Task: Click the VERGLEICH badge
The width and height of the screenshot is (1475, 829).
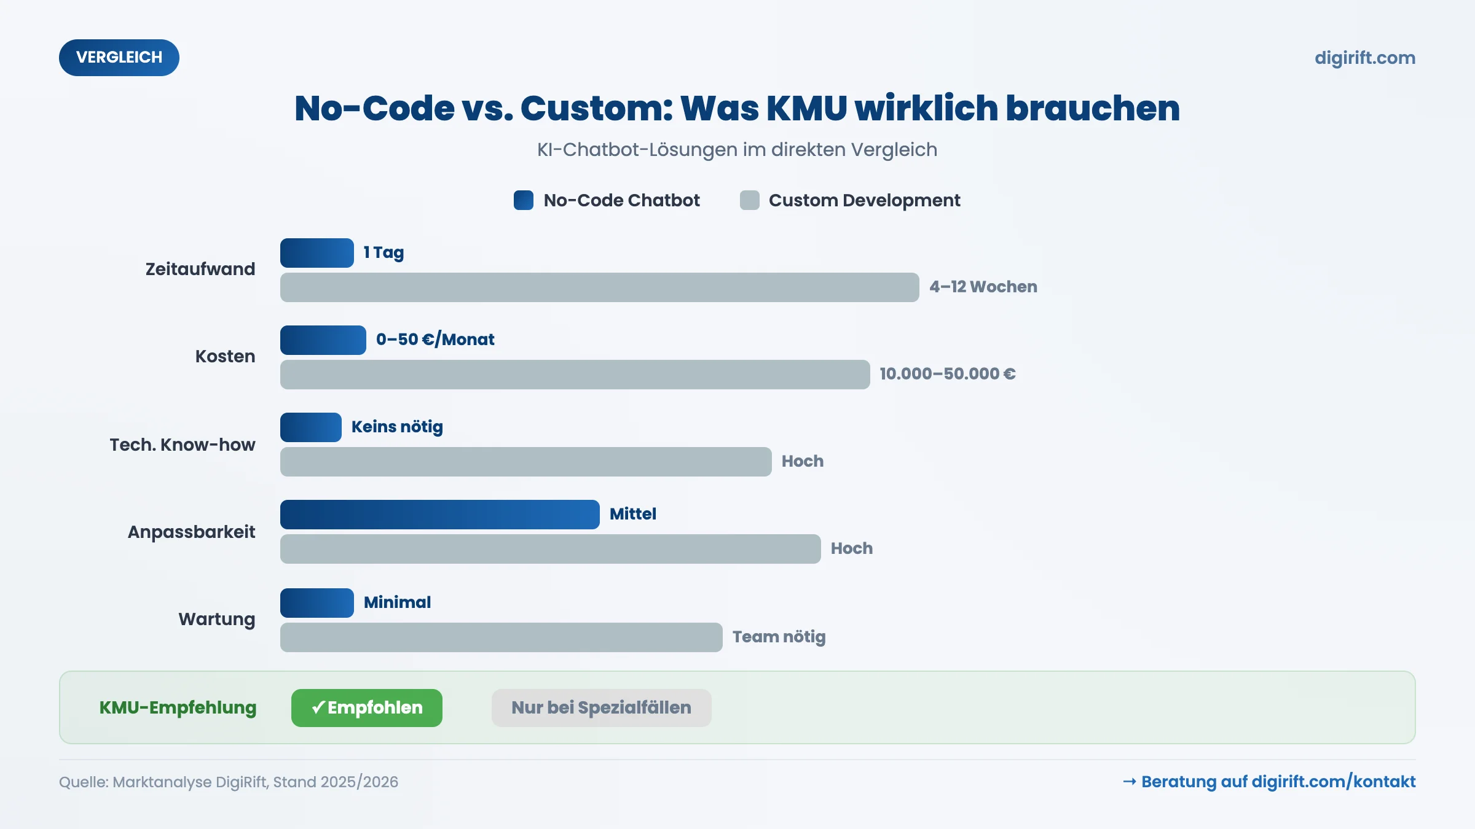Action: [x=119, y=58]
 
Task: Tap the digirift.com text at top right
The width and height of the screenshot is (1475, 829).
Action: [x=1364, y=58]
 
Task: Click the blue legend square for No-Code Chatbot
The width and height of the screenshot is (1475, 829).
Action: [x=523, y=200]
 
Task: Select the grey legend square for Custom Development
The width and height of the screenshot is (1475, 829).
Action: [x=749, y=200]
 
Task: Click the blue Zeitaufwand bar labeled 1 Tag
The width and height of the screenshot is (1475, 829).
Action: [x=317, y=253]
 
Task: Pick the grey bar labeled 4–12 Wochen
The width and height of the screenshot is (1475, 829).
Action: [x=599, y=287]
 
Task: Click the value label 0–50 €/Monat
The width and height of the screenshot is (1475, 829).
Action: [x=435, y=340]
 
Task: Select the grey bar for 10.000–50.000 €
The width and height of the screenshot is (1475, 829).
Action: [x=575, y=375]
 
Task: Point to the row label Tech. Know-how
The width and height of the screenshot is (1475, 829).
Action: [x=182, y=445]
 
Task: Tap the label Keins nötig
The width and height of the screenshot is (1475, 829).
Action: [x=397, y=427]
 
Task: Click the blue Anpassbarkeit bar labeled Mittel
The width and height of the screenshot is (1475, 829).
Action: [x=439, y=515]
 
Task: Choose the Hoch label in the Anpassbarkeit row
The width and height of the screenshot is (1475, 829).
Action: [x=851, y=548]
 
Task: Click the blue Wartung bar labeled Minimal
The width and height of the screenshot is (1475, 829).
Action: [x=317, y=603]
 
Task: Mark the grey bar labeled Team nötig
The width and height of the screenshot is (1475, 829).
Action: [x=501, y=637]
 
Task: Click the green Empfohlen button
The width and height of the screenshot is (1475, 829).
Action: [x=366, y=708]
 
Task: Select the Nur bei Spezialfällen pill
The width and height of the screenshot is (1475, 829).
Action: [x=601, y=708]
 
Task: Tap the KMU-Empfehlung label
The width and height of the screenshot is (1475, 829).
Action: [x=178, y=708]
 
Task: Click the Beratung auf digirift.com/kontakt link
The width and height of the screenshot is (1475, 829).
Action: [x=1269, y=782]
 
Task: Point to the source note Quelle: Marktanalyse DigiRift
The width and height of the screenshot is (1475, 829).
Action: [x=228, y=782]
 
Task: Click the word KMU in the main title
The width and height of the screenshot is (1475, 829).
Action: [x=806, y=109]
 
